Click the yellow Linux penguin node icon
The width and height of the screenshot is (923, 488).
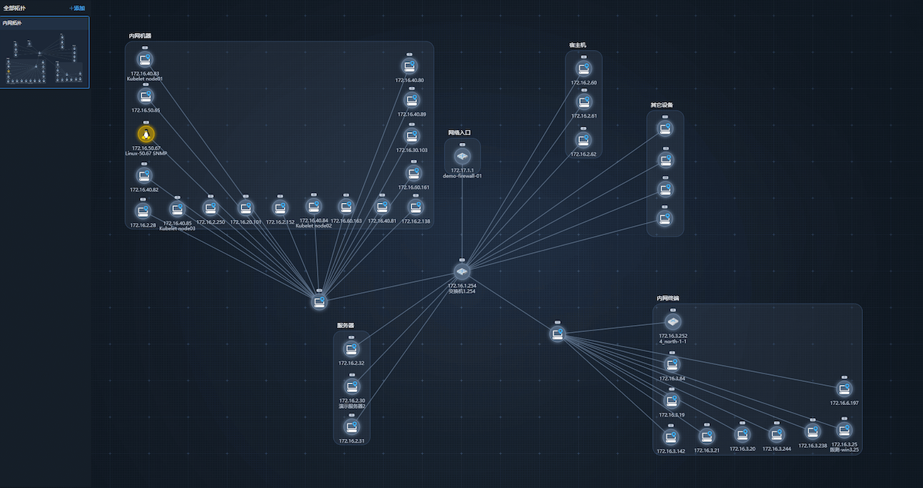pyautogui.click(x=144, y=134)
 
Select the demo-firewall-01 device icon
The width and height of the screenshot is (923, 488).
pyautogui.click(x=462, y=156)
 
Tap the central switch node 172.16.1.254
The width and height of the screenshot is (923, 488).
pyautogui.click(x=462, y=272)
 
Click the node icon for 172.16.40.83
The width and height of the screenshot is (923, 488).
pyautogui.click(x=145, y=60)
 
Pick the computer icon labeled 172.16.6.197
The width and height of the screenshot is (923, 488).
pyautogui.click(x=844, y=389)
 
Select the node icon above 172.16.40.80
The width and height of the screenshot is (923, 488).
pyautogui.click(x=409, y=66)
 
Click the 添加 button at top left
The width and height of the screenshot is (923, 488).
pyautogui.click(x=77, y=8)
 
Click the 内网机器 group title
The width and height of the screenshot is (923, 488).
pyautogui.click(x=140, y=36)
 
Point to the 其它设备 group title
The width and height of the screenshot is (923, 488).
pyautogui.click(x=661, y=105)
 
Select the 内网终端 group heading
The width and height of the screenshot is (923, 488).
pyautogui.click(x=668, y=298)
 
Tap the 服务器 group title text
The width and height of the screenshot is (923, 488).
pyautogui.click(x=345, y=325)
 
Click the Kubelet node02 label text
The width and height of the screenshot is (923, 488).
pyautogui.click(x=314, y=227)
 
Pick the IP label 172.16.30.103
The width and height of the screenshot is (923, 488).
pyautogui.click(x=412, y=151)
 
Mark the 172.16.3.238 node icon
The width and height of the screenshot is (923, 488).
pyautogui.click(x=812, y=432)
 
